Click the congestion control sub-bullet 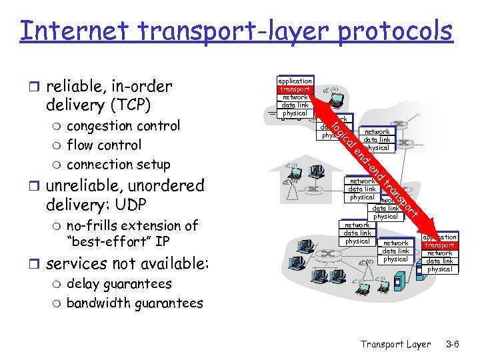click(x=123, y=126)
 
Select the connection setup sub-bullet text click(x=119, y=165)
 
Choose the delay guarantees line click(x=119, y=284)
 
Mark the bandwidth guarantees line click(x=135, y=303)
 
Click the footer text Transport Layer click(x=395, y=344)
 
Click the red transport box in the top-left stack click(x=295, y=89)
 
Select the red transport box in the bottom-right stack click(x=439, y=245)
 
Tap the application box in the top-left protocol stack click(x=295, y=81)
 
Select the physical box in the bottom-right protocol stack click(x=439, y=269)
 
